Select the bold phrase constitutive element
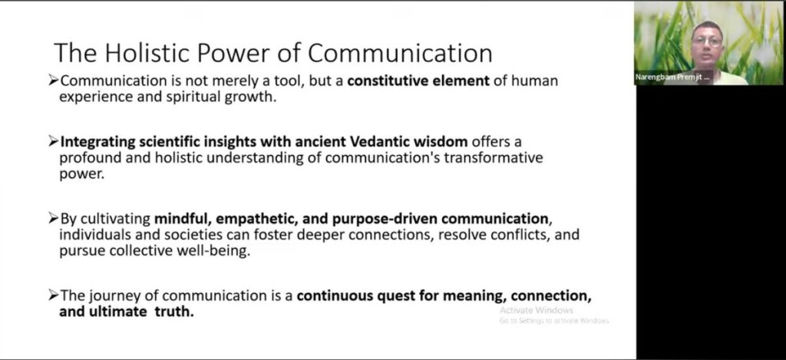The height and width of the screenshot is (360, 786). [418, 81]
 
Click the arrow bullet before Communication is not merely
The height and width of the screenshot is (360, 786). [54, 81]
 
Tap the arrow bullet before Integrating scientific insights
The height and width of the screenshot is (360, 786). [54, 141]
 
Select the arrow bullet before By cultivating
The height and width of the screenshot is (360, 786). [54, 219]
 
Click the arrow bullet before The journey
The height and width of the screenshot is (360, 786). [54, 296]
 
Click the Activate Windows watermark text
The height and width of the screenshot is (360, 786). [536, 310]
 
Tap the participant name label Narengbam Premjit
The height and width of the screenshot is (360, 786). [672, 78]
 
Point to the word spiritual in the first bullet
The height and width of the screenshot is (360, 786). [193, 97]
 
